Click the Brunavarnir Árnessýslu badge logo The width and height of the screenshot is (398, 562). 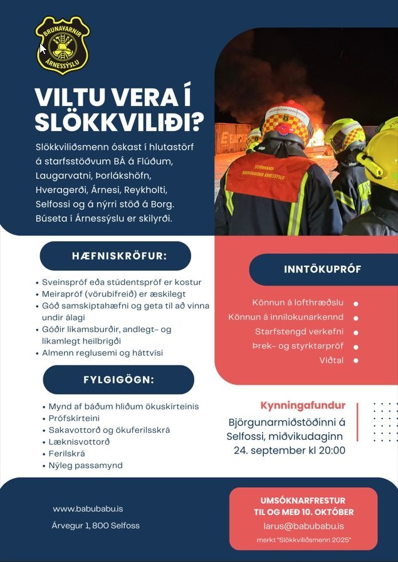coord(61,45)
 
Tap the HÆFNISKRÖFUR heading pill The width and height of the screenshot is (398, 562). coord(115,256)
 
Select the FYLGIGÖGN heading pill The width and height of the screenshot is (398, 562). coord(118,380)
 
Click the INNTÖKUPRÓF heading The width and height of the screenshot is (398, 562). coord(322,270)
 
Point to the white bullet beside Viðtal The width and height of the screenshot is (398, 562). coord(356,361)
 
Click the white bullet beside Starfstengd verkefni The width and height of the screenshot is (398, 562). coord(356,332)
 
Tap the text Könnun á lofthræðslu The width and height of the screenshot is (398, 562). coord(298,303)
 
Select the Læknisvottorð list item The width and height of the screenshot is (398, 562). coord(80,442)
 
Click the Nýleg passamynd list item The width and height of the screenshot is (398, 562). coord(86,466)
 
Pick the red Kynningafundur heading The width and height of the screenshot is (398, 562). coord(303,405)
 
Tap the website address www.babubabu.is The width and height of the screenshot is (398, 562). coord(87,509)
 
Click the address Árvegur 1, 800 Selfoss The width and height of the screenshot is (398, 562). coord(96,526)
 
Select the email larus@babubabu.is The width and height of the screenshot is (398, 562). coord(303,526)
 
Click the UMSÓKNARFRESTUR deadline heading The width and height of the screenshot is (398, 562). coord(303,501)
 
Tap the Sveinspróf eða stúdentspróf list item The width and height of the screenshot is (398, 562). coord(122,282)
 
